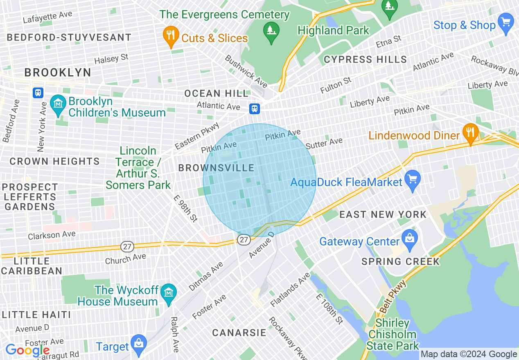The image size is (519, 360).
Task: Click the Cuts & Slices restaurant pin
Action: pos(170,36)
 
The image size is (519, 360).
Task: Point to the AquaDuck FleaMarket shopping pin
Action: pos(412,180)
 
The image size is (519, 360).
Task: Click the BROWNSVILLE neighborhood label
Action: pos(217,168)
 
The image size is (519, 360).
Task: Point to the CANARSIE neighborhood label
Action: pos(239,333)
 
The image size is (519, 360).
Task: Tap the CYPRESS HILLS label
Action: pos(365,60)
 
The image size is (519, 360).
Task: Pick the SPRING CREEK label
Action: pos(400,261)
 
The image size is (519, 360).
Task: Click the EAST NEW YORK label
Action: pos(383,214)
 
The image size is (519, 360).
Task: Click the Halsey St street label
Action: pos(111,59)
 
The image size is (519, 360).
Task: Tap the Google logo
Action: pos(27,351)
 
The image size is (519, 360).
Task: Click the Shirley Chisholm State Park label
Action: pos(393,335)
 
